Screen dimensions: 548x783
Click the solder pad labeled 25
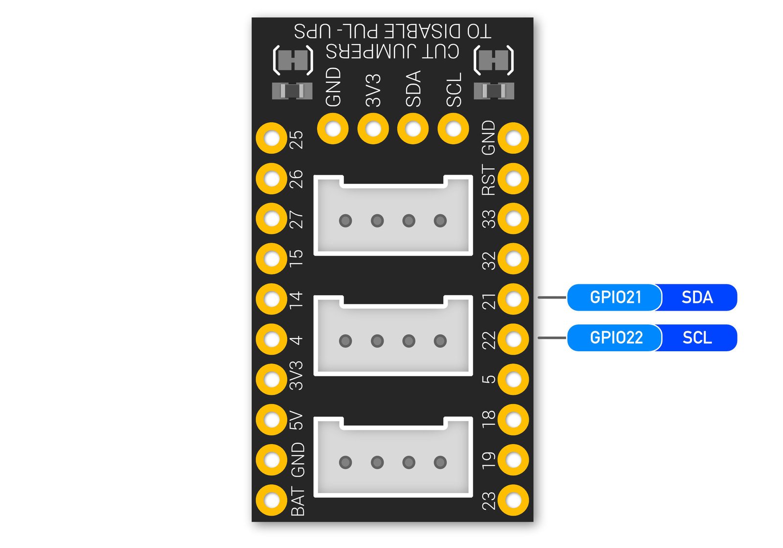271,138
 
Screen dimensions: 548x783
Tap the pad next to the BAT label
271,500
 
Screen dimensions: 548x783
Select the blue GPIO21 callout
615,297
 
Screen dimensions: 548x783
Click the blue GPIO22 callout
615,338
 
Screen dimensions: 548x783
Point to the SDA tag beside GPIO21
697,297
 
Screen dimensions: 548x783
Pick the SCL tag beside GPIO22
697,338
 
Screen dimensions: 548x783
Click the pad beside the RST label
513,179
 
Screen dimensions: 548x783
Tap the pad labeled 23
513,500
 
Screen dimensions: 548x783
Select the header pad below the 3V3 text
373,129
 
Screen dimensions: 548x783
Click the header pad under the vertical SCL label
453,129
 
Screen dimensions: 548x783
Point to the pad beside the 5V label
271,419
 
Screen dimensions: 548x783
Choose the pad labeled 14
271,299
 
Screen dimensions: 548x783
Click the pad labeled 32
513,259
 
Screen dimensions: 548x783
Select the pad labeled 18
513,419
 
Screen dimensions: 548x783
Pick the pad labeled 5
513,379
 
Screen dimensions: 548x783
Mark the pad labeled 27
271,219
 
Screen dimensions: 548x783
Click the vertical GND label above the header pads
333,87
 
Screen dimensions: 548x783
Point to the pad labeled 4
271,339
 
